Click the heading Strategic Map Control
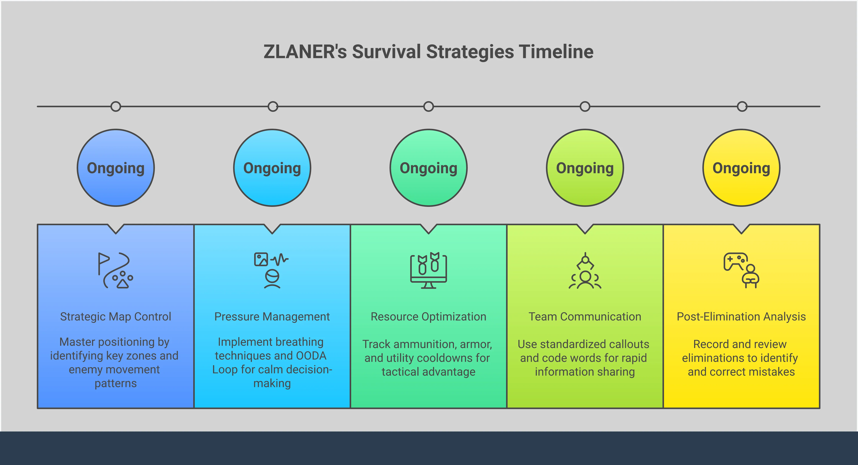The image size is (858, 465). [116, 317]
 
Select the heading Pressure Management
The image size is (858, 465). [272, 317]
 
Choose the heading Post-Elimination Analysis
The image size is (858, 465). [741, 317]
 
